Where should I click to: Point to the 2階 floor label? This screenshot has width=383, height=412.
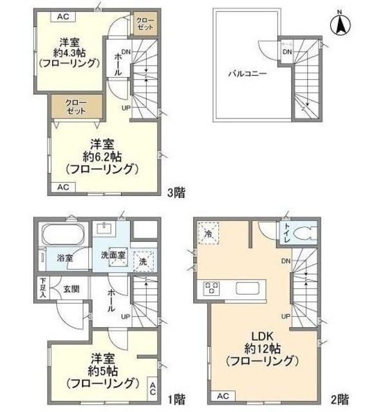341,399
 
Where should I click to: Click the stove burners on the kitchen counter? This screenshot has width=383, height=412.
213,288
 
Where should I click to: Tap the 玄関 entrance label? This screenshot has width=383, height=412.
70,288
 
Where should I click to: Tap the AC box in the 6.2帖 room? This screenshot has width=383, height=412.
62,187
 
